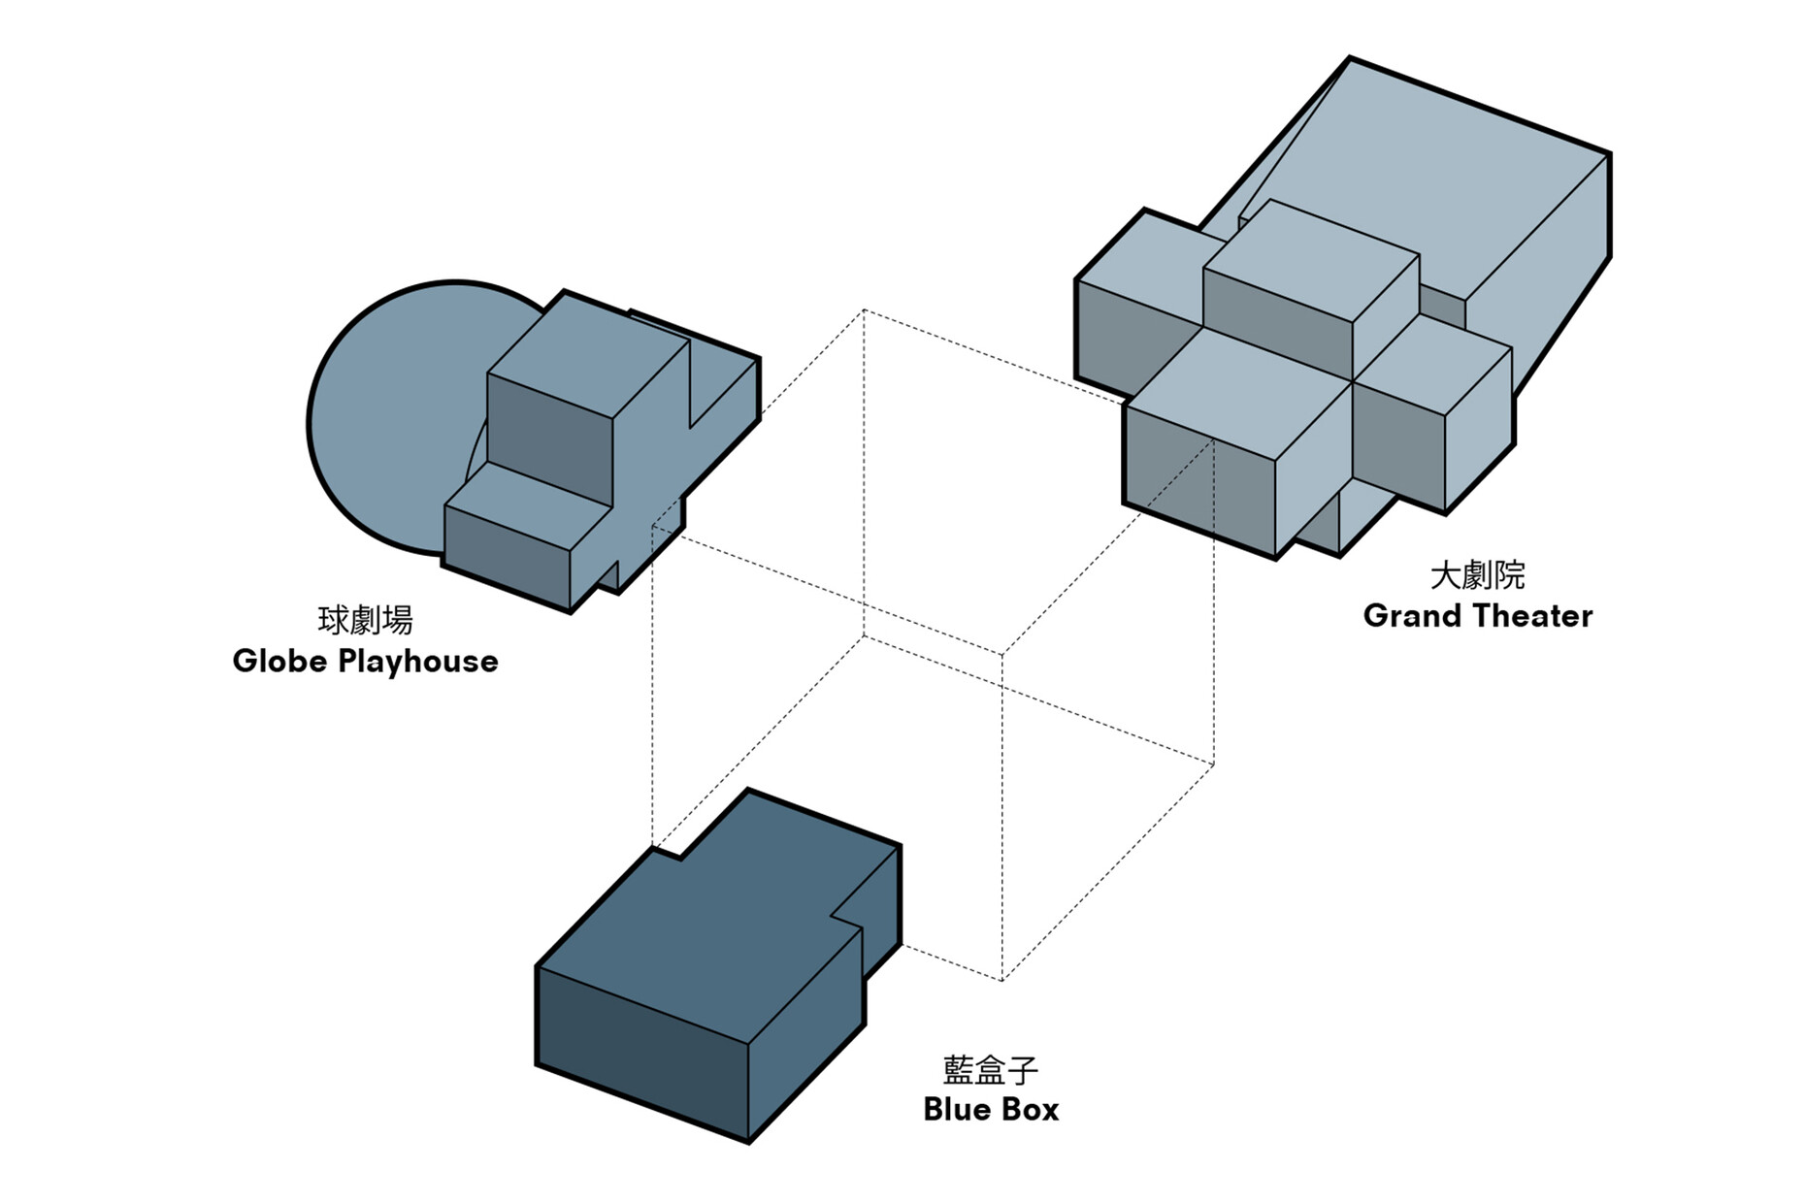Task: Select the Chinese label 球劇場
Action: (365, 620)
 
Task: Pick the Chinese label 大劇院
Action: (1477, 575)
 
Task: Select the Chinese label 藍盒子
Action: (991, 1069)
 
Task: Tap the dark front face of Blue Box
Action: (640, 1053)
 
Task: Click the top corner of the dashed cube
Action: (864, 310)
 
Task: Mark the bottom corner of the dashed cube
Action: (1001, 980)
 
